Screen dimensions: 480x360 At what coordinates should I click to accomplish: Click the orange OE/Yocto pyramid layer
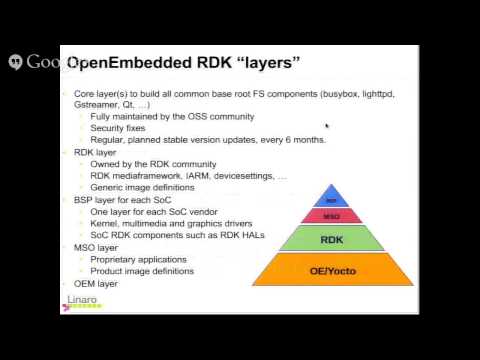[332, 269]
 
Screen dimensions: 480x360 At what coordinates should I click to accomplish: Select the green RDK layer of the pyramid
[332, 239]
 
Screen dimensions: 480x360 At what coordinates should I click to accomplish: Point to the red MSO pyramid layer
[332, 215]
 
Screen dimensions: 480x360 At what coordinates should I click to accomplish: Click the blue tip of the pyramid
[332, 198]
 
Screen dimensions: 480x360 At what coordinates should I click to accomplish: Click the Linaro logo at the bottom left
[81, 301]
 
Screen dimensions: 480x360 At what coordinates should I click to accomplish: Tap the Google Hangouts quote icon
[16, 62]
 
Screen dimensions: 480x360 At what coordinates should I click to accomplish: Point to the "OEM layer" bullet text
[96, 283]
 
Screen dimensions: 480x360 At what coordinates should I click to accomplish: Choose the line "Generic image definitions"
[143, 187]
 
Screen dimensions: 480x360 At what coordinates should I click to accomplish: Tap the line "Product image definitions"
[142, 271]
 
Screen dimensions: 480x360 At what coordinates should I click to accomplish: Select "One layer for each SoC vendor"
[152, 211]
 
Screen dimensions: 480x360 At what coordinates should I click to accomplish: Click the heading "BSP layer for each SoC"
[123, 199]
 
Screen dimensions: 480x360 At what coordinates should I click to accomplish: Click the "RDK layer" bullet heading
[96, 152]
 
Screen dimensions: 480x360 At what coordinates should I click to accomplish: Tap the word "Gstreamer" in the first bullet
[100, 104]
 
